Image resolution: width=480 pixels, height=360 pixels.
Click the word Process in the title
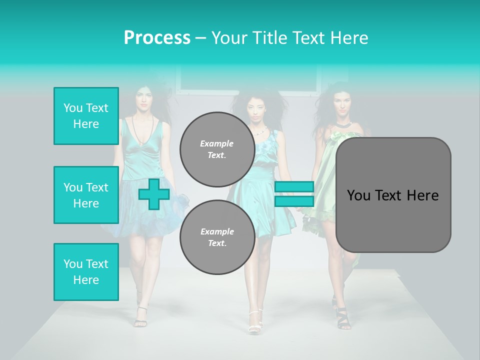pyautogui.click(x=157, y=38)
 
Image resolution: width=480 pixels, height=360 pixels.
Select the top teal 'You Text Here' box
pyautogui.click(x=86, y=116)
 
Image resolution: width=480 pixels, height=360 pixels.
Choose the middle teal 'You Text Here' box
pyautogui.click(x=86, y=195)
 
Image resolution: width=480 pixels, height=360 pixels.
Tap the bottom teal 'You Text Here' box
pyautogui.click(x=86, y=271)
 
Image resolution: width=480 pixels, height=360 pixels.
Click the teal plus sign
pyautogui.click(x=154, y=194)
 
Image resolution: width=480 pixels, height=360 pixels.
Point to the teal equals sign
pyautogui.click(x=294, y=194)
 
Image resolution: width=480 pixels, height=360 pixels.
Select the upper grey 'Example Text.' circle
pyautogui.click(x=217, y=149)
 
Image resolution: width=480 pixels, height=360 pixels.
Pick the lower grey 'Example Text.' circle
pyautogui.click(x=217, y=237)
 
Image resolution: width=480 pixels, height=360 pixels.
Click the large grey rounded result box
pyautogui.click(x=393, y=195)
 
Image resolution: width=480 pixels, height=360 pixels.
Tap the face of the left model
pyautogui.click(x=143, y=101)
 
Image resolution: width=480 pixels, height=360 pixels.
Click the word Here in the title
pyautogui.click(x=347, y=38)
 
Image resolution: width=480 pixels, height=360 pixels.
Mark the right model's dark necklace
pyautogui.click(x=343, y=122)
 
